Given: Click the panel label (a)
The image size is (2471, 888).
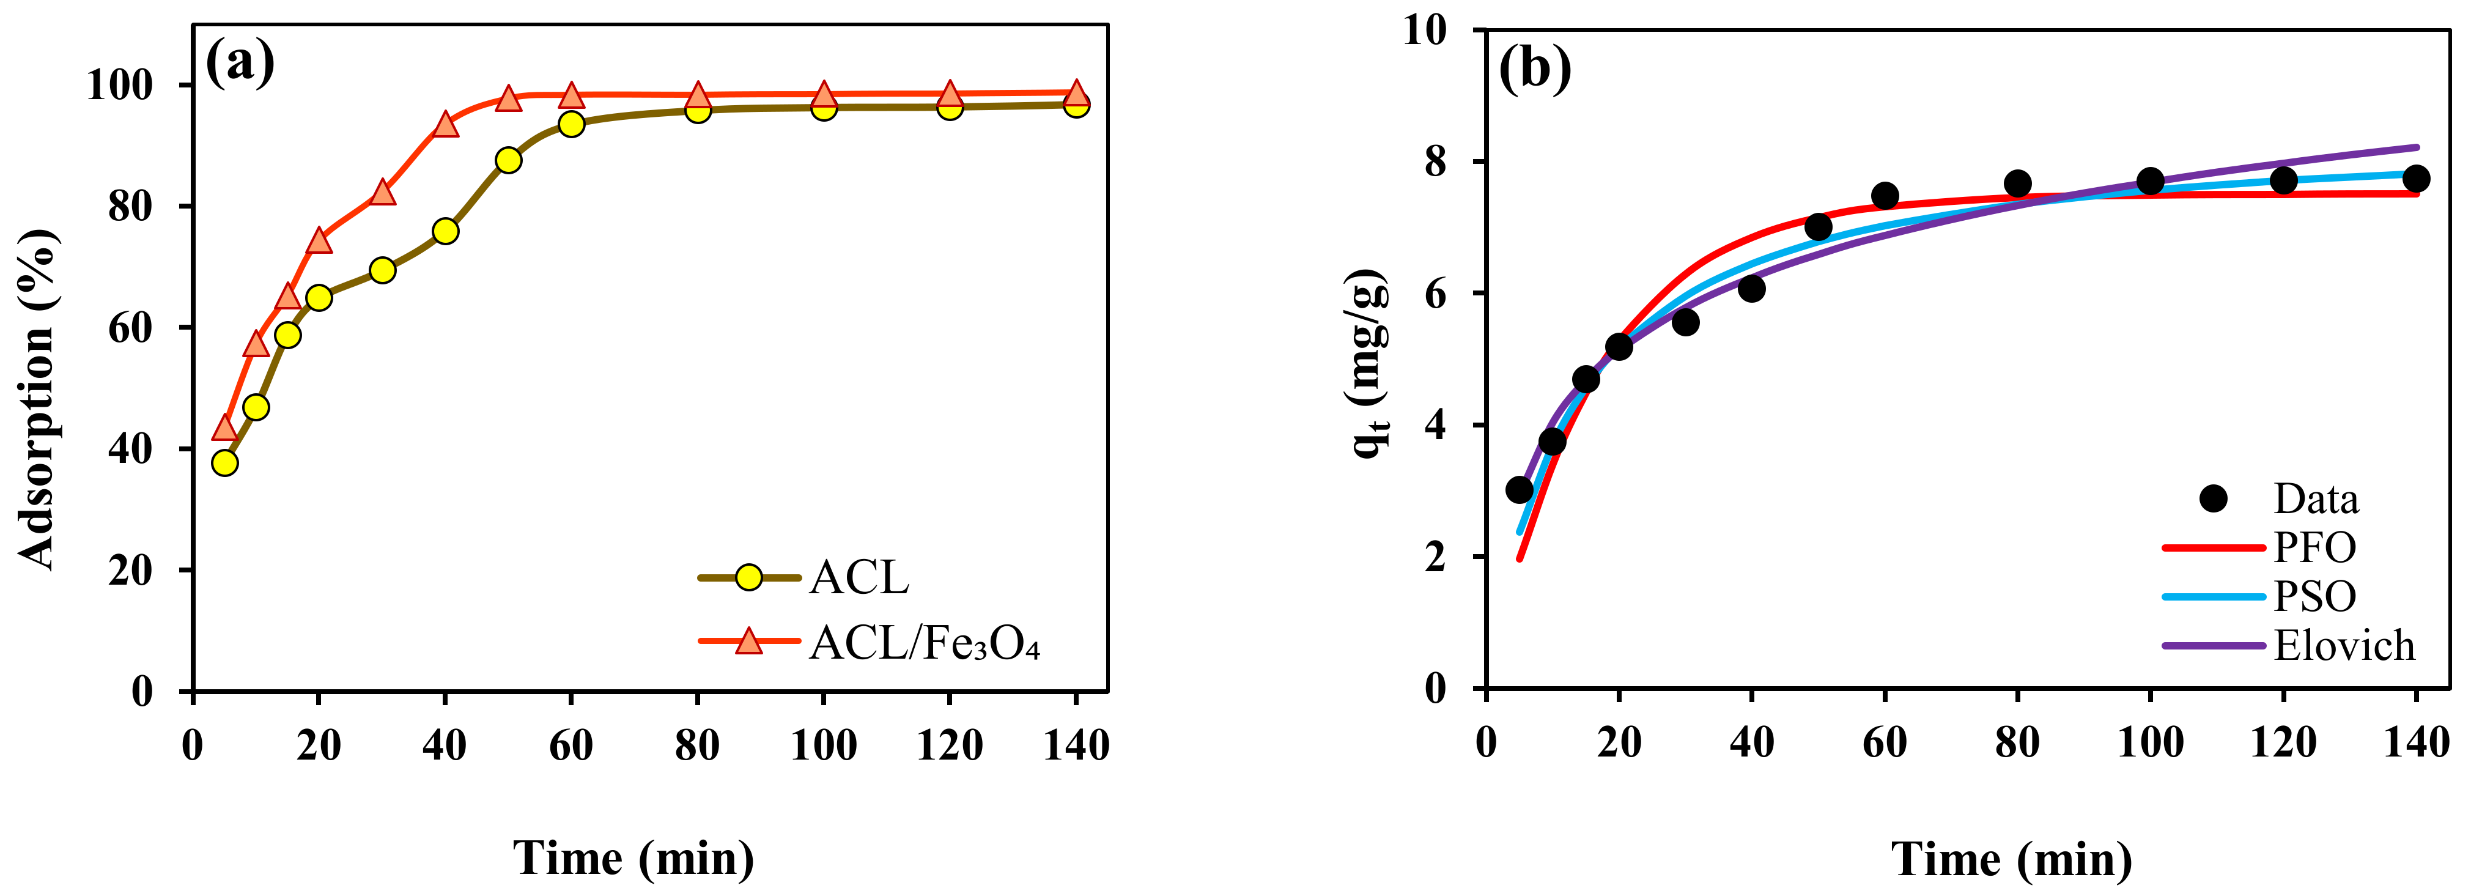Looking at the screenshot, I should pos(240,62).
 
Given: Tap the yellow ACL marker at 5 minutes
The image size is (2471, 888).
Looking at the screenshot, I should pos(224,462).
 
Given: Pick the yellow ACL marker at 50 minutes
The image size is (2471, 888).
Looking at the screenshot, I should pos(508,160).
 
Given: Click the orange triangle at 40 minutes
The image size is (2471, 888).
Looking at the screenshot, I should pos(445,125).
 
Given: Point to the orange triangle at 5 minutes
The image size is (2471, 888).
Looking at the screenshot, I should pos(224,427).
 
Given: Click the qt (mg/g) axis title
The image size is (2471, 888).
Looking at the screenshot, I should pos(1370,364).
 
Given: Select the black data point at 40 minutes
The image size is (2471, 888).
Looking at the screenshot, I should pos(1751,287).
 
